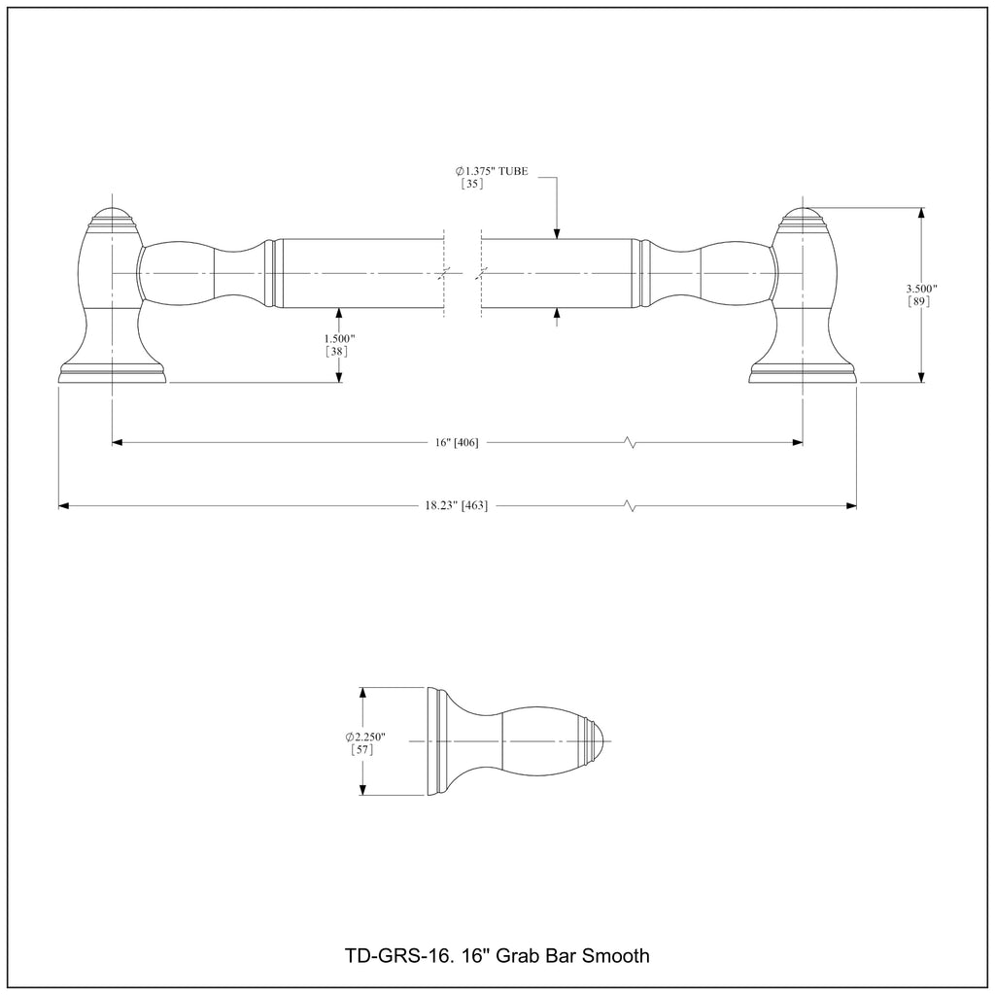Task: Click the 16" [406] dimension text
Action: (x=456, y=443)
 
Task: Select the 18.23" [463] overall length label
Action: (x=456, y=505)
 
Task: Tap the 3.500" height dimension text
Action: (x=920, y=289)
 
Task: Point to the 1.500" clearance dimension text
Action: (x=339, y=338)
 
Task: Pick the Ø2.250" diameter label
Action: (x=362, y=736)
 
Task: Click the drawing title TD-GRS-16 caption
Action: (x=497, y=955)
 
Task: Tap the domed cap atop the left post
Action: (x=113, y=215)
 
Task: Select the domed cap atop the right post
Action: (x=802, y=215)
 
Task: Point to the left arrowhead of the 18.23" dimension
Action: (x=64, y=505)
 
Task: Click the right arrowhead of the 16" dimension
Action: (x=798, y=443)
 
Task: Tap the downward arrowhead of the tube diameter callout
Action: (x=557, y=233)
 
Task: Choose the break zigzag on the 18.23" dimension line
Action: (x=632, y=505)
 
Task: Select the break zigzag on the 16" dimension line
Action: (x=632, y=443)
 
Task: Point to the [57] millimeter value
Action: (x=361, y=749)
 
